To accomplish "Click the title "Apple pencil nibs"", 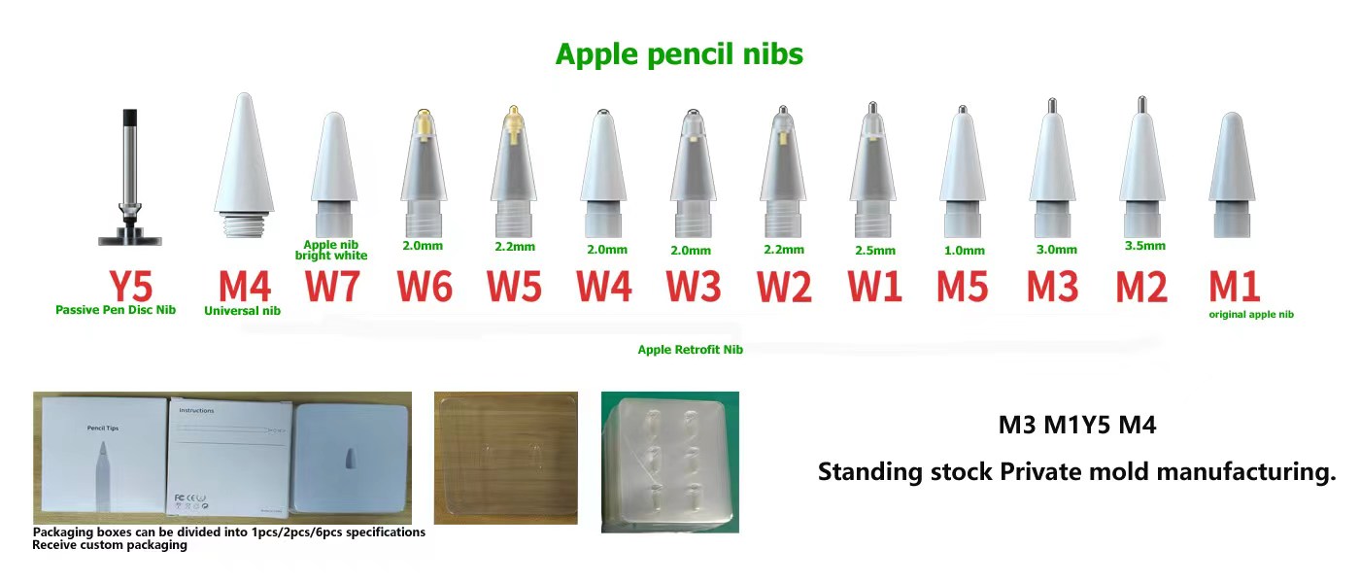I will (x=679, y=54).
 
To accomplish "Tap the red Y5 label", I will (x=130, y=287).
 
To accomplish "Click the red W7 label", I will (x=335, y=287).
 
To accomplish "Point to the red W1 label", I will (x=874, y=287).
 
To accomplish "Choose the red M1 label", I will (x=1235, y=287).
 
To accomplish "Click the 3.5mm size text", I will (x=1143, y=246).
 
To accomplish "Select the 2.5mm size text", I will (x=874, y=251).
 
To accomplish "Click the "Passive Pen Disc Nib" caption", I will (x=116, y=310).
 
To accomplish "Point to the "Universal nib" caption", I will (x=242, y=311).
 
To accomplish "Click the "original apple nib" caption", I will (x=1250, y=314).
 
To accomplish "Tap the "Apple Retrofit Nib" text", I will (x=690, y=350).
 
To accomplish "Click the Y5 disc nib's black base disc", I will (x=130, y=237).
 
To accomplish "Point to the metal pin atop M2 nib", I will (x=1142, y=103).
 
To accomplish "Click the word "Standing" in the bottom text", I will (x=868, y=472).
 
